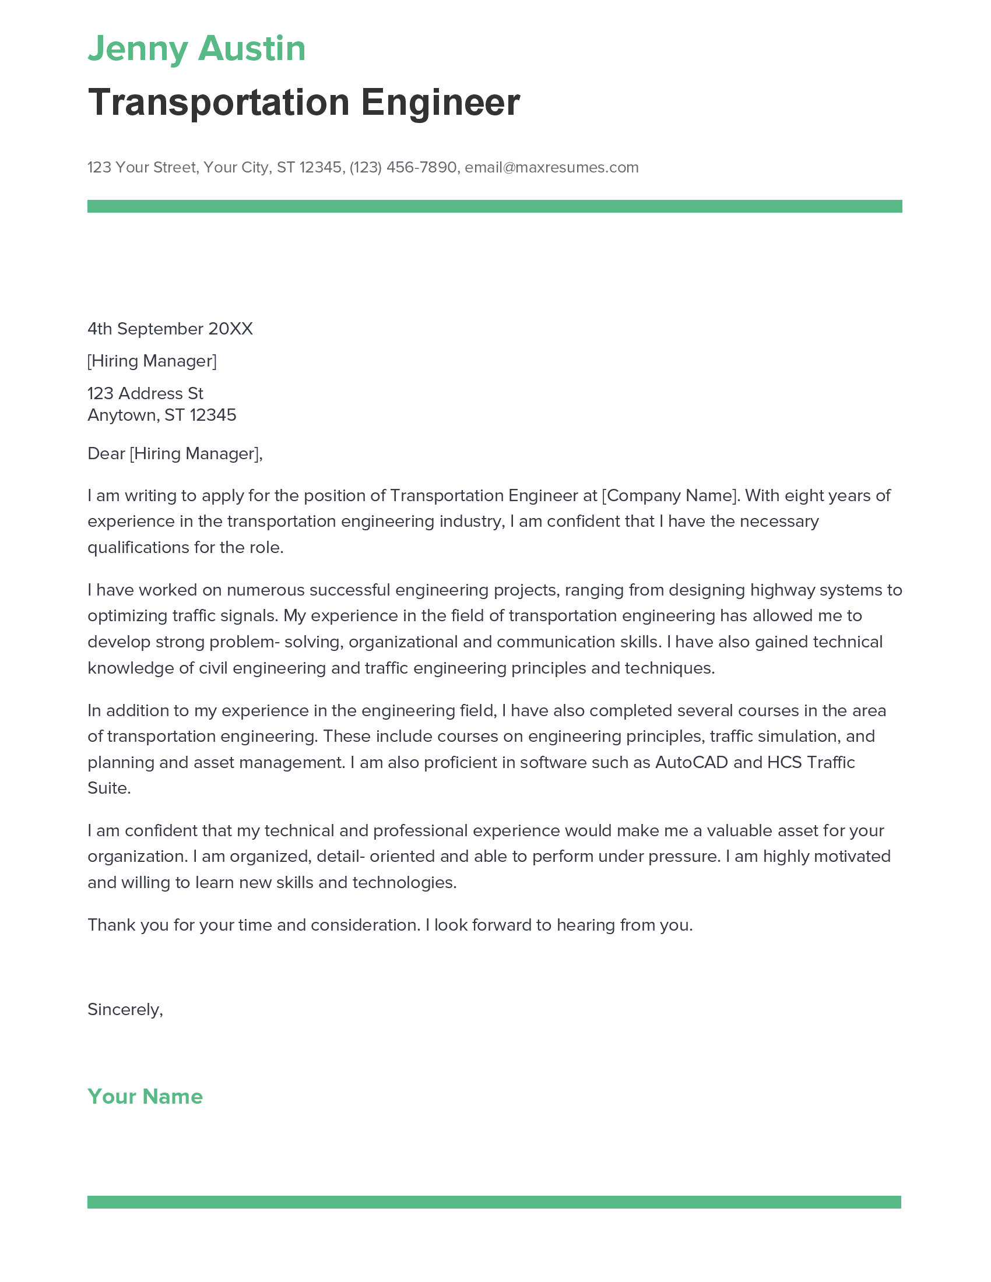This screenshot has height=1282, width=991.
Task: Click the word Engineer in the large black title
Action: (440, 103)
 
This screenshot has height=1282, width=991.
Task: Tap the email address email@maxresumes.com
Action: (551, 167)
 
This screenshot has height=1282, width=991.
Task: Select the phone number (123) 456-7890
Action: (403, 167)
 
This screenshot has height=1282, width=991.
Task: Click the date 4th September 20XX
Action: (170, 329)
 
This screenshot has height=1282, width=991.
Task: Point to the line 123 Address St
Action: (145, 393)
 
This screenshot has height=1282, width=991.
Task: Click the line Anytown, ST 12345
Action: (161, 415)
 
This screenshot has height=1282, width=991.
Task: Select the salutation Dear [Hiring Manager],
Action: (175, 453)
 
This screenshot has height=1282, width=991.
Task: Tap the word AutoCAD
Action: (691, 762)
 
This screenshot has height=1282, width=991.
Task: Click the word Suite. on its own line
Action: (108, 788)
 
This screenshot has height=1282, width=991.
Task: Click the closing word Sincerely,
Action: (125, 1009)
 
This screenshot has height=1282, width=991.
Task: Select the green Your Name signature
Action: (145, 1097)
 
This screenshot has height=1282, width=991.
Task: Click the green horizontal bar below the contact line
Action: (494, 206)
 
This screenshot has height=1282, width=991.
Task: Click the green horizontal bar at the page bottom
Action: (494, 1202)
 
